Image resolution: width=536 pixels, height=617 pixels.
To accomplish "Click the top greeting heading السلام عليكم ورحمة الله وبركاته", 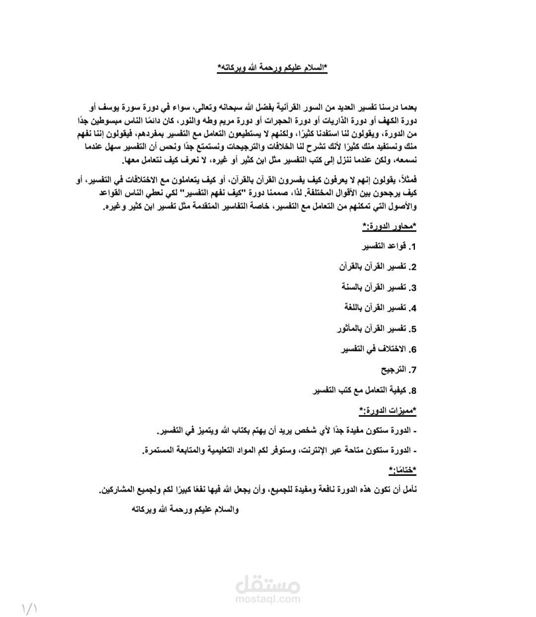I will (x=272, y=68).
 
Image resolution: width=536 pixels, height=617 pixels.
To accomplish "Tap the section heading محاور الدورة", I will (x=389, y=227).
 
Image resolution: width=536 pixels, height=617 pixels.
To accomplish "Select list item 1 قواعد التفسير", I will (x=389, y=246).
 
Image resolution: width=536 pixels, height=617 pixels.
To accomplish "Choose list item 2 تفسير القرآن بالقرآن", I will (x=378, y=267).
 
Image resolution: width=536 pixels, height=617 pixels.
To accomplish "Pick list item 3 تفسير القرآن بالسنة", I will (x=379, y=288).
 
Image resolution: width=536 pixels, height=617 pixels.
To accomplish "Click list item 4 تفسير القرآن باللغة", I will (x=380, y=308).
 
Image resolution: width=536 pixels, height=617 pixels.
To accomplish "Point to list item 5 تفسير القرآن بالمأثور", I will (x=376, y=328).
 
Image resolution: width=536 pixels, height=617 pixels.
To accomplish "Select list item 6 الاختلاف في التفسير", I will (x=378, y=349).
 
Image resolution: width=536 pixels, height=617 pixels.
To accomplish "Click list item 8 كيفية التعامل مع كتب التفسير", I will (x=364, y=390).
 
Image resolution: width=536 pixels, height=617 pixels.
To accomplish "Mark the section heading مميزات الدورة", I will (x=388, y=411).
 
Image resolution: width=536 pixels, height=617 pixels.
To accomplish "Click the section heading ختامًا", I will (x=402, y=469).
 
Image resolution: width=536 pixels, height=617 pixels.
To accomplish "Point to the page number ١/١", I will (x=30, y=608).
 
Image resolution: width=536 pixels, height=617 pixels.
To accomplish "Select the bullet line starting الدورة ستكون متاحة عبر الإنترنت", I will (x=279, y=450).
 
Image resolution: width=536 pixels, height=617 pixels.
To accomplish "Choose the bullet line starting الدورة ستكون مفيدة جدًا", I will (x=287, y=430).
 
